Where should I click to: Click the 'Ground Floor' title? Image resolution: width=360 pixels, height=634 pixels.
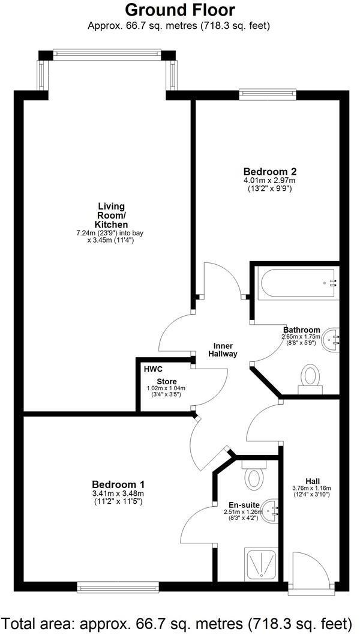tap(179, 10)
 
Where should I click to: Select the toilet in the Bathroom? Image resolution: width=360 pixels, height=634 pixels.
tap(310, 378)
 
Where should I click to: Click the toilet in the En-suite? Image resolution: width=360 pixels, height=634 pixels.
tap(254, 477)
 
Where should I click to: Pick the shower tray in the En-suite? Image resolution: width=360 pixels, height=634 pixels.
tap(261, 564)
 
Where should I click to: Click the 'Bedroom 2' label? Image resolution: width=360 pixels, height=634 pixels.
tap(269, 171)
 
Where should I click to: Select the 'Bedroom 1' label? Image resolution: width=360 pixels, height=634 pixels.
tap(118, 485)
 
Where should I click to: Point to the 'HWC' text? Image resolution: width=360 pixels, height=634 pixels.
tap(153, 369)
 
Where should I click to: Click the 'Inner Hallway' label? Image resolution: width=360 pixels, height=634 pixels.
tap(223, 350)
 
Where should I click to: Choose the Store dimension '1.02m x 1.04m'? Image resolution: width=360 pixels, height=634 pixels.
tap(166, 388)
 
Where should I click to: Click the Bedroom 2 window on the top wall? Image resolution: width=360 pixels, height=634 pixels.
tap(267, 92)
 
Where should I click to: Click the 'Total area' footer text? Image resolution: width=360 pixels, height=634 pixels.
tap(179, 621)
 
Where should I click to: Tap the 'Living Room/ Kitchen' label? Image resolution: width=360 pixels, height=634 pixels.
tap(111, 216)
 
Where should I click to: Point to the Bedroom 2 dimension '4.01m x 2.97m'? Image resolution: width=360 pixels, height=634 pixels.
tap(269, 180)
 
